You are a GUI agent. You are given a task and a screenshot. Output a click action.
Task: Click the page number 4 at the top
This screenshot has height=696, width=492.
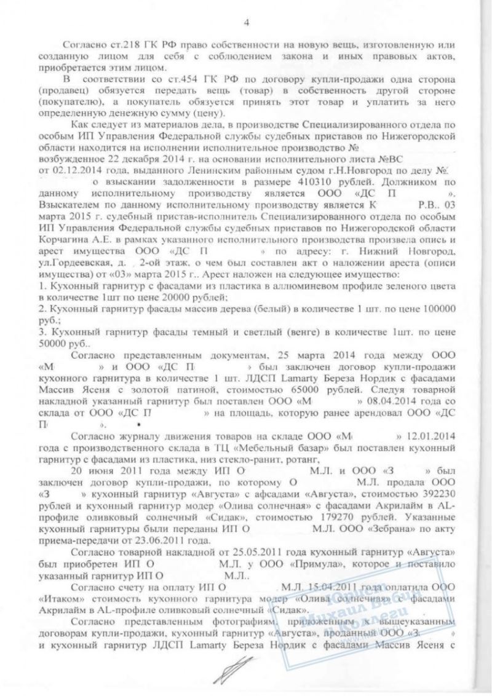point(247,24)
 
